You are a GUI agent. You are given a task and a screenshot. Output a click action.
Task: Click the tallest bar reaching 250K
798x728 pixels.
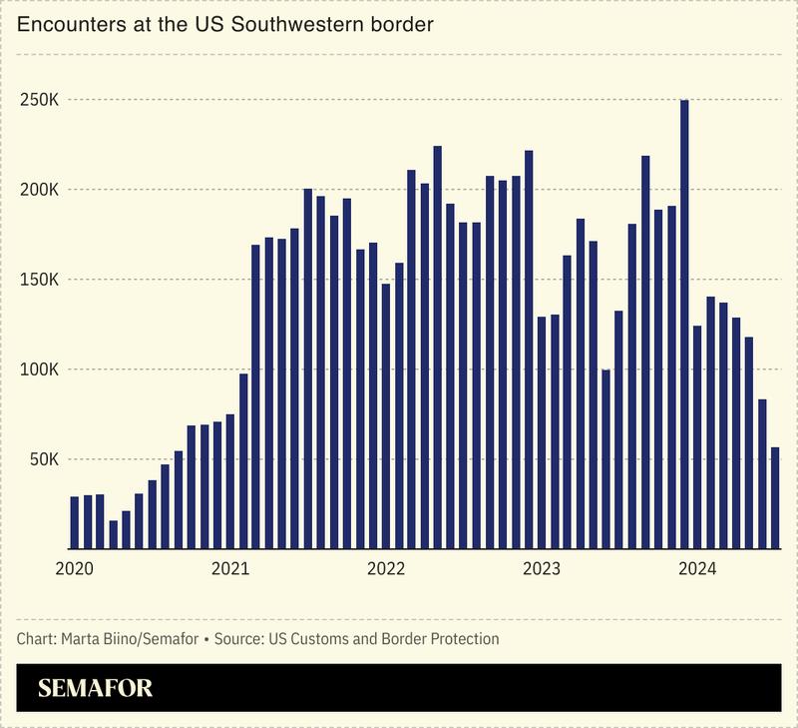coord(684,325)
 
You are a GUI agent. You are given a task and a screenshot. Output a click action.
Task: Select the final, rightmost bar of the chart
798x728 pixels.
coord(775,498)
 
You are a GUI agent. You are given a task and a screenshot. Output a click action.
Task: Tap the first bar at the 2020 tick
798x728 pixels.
coord(75,522)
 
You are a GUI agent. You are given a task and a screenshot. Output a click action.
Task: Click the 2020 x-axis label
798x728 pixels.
coord(75,569)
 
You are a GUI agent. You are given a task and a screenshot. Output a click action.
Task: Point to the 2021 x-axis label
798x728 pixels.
coord(230,569)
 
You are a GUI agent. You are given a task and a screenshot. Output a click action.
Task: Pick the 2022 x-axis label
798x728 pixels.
coord(386,569)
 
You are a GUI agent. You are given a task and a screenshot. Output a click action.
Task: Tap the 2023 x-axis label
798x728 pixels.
coord(542,569)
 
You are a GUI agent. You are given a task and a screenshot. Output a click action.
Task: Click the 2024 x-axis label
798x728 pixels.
coord(697,569)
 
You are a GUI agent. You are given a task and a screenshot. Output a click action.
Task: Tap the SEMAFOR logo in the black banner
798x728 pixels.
coord(96,688)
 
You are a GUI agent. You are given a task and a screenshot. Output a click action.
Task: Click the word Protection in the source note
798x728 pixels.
coord(466,638)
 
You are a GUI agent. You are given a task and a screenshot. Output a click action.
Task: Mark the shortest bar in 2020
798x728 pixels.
coord(114,534)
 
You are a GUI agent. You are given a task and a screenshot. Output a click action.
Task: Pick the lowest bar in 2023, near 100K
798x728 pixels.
coord(606,459)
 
